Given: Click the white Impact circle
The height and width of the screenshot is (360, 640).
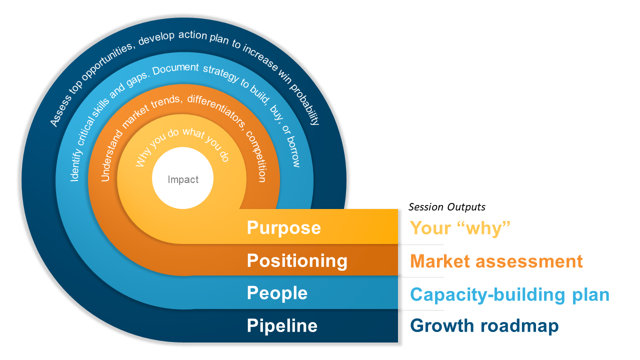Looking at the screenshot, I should [x=182, y=179].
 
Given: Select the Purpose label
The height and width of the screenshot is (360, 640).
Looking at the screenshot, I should [x=283, y=228].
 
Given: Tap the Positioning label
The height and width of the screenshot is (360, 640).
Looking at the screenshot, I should [x=297, y=260].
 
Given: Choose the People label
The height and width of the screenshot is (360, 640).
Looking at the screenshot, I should [x=277, y=293].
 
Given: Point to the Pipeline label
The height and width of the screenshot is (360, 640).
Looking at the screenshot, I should [x=282, y=326].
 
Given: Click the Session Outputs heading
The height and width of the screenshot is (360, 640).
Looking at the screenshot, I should [x=447, y=207].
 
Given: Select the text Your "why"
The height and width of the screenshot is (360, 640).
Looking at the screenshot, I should [x=460, y=228].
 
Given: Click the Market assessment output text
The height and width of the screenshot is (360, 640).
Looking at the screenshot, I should [x=496, y=261].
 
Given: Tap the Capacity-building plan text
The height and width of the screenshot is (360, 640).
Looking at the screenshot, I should [x=509, y=294].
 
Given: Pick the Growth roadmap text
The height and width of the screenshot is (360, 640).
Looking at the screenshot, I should [x=484, y=326].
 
